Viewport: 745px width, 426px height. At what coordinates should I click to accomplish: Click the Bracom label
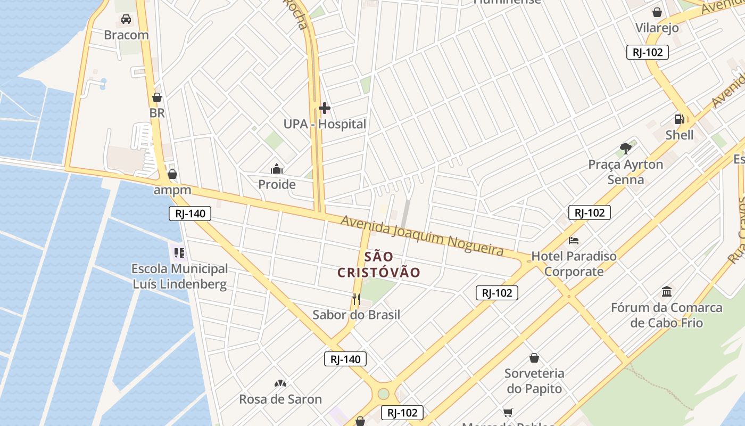point(126,35)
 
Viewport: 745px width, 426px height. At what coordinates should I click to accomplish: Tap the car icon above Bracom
point(126,19)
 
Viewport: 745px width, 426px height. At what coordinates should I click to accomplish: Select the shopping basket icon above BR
point(157,97)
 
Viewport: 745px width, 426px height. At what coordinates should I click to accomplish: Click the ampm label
point(172,190)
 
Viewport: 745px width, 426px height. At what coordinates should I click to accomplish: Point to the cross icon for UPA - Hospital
point(325,109)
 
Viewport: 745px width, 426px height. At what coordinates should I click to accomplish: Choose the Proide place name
point(277,185)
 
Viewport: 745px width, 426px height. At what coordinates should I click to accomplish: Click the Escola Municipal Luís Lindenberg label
point(179,276)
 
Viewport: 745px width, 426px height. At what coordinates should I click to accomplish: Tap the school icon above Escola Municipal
point(179,252)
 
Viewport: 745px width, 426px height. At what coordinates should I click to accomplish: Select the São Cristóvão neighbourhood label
point(379,265)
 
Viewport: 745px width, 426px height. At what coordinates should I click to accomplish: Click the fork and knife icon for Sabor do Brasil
point(356,299)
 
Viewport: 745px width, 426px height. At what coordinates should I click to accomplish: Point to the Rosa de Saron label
point(280,399)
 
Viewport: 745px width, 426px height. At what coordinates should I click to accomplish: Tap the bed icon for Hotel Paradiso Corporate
point(574,241)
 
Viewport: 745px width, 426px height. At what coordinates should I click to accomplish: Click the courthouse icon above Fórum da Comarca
point(667,292)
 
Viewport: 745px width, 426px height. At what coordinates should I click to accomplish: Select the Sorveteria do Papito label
point(534,381)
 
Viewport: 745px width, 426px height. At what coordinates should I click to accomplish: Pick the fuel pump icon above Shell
point(680,119)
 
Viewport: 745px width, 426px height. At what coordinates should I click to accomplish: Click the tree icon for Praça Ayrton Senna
point(626,149)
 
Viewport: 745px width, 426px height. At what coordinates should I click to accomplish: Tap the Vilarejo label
point(657,28)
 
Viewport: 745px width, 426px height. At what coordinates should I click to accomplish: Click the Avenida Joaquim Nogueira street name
point(422,235)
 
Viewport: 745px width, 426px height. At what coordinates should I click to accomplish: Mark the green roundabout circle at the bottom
point(383,394)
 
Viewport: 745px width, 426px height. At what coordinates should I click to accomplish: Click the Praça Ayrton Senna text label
point(626,172)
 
